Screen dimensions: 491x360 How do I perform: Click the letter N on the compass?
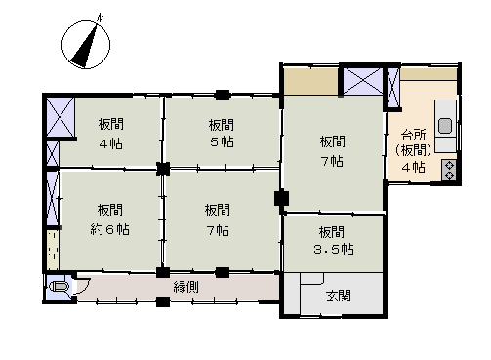[101, 18]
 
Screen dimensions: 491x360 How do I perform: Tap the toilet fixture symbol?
[60, 287]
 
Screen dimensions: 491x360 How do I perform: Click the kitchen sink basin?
[445, 126]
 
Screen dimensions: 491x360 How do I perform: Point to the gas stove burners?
[449, 171]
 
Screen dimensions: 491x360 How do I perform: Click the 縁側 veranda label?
[185, 287]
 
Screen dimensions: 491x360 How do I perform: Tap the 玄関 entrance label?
[339, 296]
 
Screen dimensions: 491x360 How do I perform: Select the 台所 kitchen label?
[414, 135]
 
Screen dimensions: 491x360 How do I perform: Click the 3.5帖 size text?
[334, 250]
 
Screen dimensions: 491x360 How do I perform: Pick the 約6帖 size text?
[109, 230]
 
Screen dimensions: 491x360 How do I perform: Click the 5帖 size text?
[222, 142]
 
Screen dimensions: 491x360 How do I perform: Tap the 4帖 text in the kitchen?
[414, 168]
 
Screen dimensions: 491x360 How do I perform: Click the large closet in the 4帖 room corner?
[61, 116]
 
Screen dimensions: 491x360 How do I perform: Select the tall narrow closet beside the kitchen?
[393, 88]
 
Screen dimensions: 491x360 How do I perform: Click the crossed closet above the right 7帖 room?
[363, 81]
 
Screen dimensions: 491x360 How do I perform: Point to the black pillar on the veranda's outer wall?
[163, 301]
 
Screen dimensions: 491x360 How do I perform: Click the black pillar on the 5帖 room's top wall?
[223, 95]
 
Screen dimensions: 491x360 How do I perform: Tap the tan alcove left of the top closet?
[311, 81]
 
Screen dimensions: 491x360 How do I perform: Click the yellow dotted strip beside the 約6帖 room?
[53, 250]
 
